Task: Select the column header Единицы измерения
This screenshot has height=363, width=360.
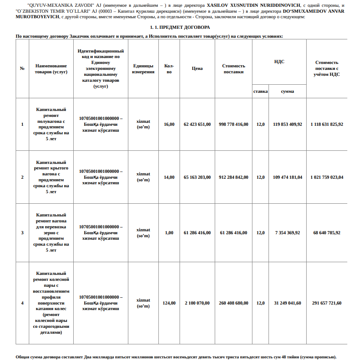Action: [143, 69]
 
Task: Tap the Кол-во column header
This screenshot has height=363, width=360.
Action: [169, 69]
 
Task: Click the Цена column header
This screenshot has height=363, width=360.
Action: [197, 68]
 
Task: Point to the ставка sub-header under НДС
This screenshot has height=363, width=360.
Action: [260, 91]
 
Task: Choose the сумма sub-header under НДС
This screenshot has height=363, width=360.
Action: [288, 91]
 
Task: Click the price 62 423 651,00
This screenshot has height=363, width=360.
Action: [197, 125]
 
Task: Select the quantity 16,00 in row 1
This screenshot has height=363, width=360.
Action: [169, 125]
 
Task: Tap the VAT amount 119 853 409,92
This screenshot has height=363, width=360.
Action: [288, 125]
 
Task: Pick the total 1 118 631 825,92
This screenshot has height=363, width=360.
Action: [327, 125]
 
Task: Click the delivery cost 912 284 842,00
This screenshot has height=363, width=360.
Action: [234, 177]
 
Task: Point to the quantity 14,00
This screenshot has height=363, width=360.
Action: [169, 177]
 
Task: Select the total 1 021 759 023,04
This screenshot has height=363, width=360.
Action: [327, 177]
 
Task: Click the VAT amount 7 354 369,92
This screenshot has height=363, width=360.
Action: [288, 233]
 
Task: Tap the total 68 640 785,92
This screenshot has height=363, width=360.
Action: [327, 233]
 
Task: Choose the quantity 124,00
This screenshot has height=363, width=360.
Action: [169, 303]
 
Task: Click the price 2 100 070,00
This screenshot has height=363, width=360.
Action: [197, 303]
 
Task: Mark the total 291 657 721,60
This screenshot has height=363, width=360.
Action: [327, 303]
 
